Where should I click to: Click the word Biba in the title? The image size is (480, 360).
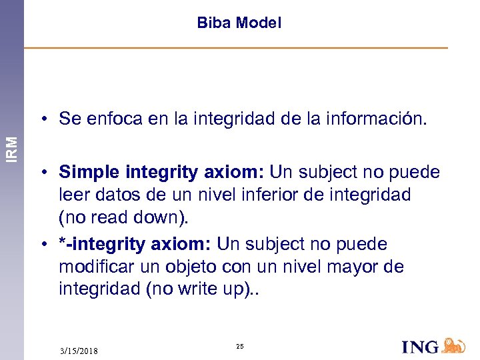coord(212,23)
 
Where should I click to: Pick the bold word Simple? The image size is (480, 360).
coord(84,172)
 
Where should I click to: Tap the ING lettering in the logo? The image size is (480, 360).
coord(420,347)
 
